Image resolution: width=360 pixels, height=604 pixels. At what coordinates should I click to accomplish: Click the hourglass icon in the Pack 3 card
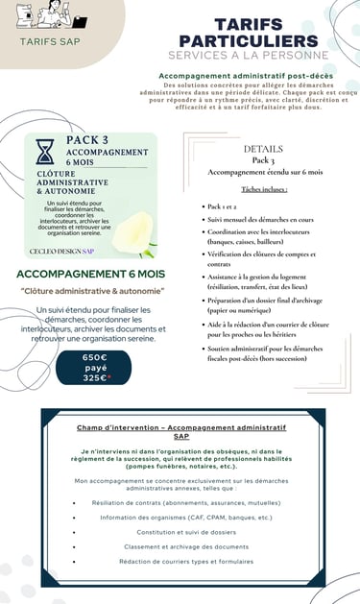pyautogui.click(x=44, y=152)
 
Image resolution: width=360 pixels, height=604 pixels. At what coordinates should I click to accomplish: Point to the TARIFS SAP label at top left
pyautogui.click(x=51, y=41)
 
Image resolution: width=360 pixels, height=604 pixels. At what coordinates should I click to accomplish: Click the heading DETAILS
pyautogui.click(x=263, y=150)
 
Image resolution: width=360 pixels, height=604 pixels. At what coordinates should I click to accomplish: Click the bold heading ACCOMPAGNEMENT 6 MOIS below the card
pyautogui.click(x=91, y=275)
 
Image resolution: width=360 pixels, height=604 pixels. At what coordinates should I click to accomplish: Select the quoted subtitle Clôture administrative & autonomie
pyautogui.click(x=92, y=291)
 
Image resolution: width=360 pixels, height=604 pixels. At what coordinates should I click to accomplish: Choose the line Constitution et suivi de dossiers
pyautogui.click(x=179, y=532)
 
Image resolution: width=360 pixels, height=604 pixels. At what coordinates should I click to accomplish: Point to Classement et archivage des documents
pyautogui.click(x=179, y=546)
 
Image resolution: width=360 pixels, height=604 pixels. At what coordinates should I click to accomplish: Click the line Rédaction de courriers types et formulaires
pyautogui.click(x=179, y=561)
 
